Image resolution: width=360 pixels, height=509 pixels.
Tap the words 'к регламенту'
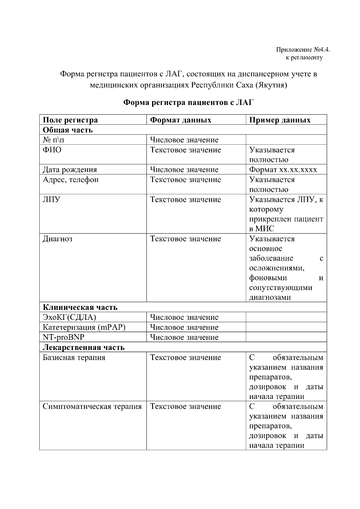tap(304, 57)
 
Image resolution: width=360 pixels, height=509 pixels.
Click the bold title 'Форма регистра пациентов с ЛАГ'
tap(189, 103)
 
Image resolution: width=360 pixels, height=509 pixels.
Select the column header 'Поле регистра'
tap(70, 120)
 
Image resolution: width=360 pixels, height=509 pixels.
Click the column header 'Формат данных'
tap(181, 120)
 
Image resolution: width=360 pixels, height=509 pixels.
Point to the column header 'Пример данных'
tap(280, 120)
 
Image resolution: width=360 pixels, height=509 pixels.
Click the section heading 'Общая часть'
tap(68, 130)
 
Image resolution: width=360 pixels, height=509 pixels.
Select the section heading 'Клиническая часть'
tap(80, 307)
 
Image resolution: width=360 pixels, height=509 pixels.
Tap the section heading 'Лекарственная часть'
tap(84, 347)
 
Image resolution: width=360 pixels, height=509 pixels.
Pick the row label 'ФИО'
tap(52, 150)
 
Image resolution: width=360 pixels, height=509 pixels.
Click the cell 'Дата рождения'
tap(70, 169)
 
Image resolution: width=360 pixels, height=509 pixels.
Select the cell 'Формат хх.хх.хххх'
tap(283, 169)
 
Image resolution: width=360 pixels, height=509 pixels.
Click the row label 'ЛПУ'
tap(51, 199)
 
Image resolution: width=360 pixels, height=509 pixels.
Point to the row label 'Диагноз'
tap(57, 239)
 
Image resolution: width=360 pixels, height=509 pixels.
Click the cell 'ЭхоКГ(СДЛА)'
tap(69, 317)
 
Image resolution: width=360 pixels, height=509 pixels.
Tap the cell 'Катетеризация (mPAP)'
tap(84, 327)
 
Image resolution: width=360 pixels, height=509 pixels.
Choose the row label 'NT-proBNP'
tap(64, 337)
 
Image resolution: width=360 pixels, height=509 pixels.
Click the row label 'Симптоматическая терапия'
tap(92, 406)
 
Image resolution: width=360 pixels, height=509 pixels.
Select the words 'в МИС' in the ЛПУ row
tap(262, 229)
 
